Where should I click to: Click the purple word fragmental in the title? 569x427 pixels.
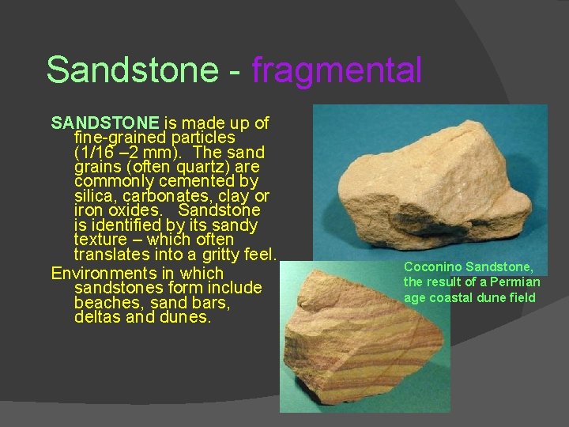tap(337, 70)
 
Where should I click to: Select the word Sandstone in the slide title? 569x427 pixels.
tap(131, 70)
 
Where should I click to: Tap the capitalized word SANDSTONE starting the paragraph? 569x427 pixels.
tap(105, 123)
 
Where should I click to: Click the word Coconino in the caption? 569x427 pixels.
tap(432, 267)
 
